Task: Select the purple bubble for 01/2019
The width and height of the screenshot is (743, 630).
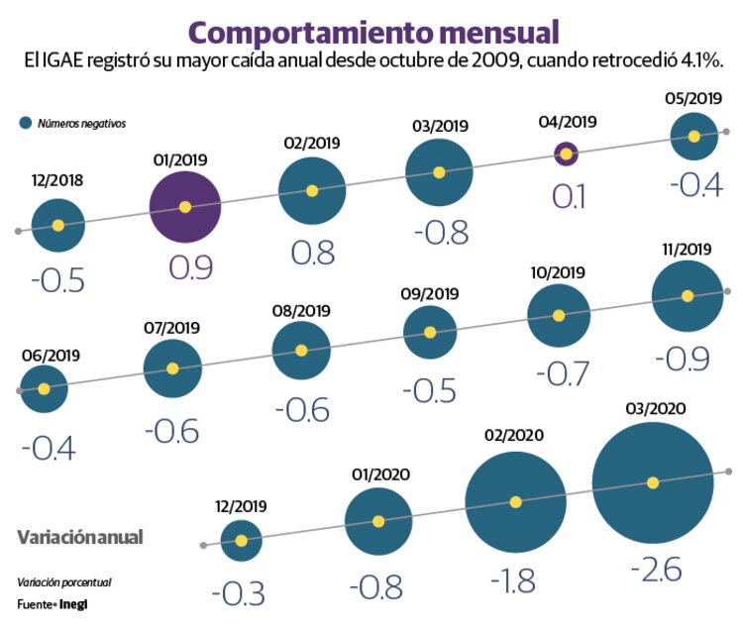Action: (184, 207)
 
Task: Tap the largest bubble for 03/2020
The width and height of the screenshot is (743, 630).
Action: (653, 482)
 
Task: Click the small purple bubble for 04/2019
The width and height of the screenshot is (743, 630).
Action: (566, 154)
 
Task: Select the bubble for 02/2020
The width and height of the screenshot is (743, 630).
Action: (515, 502)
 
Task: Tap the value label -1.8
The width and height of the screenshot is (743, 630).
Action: (516, 577)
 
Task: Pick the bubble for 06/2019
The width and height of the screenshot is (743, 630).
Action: (44, 388)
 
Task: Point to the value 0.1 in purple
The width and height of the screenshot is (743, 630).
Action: (567, 195)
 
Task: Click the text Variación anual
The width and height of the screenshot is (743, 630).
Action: (80, 537)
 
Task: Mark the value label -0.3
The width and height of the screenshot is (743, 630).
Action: (239, 593)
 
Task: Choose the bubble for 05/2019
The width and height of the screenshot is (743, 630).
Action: (694, 136)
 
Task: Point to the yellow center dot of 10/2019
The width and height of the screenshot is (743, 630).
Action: (558, 316)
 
